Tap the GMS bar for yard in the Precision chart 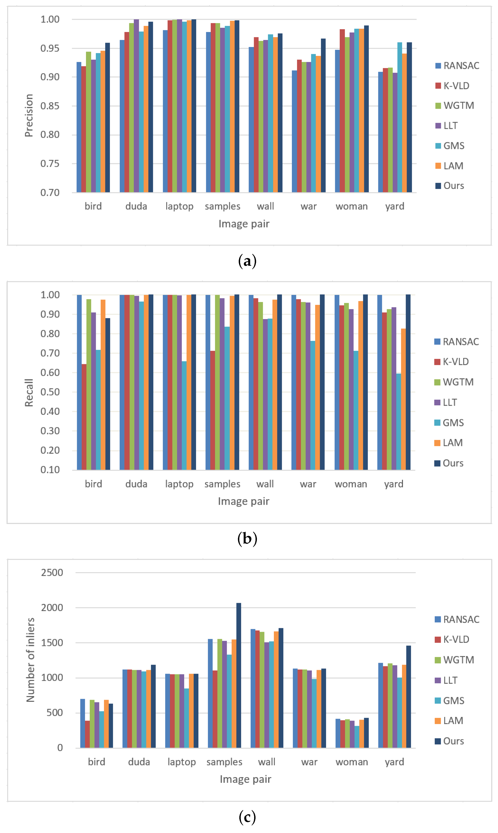(x=399, y=117)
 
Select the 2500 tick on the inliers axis (x=52, y=573)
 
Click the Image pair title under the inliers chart (x=245, y=779)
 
